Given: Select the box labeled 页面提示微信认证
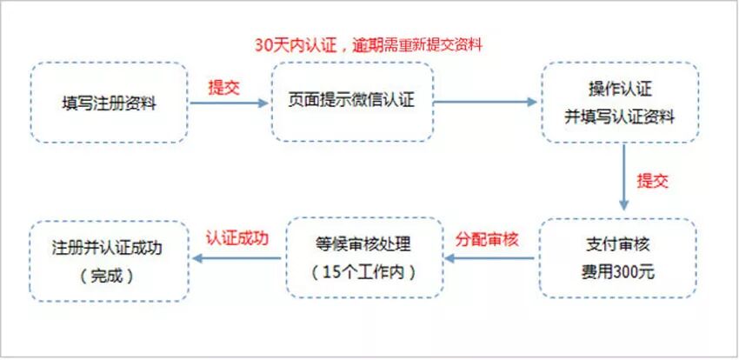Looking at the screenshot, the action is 351,102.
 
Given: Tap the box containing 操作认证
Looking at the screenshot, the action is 619,102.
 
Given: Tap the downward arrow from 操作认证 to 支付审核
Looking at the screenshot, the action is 623,177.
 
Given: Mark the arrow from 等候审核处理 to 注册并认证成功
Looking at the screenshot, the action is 239,258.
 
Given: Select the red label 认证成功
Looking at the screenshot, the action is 237,237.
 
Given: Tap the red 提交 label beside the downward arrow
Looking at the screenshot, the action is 653,181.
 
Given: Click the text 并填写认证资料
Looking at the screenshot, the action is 619,117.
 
